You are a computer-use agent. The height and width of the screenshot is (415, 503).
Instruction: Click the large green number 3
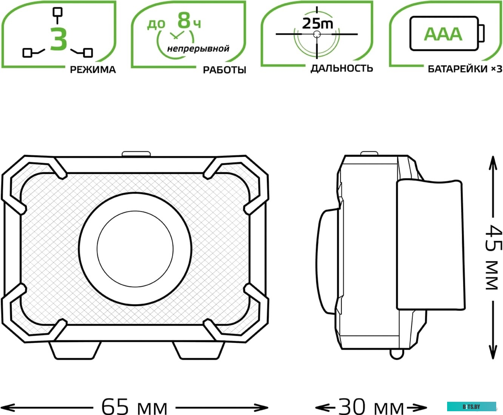point(59,39)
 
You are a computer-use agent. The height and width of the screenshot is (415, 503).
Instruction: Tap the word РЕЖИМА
point(93,69)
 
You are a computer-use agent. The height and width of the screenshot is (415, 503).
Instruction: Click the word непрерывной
point(198,49)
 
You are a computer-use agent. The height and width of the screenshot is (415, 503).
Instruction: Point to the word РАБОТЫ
point(224,70)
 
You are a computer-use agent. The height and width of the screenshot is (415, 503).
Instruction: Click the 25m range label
point(317,23)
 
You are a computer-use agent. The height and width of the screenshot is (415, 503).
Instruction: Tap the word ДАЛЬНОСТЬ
point(341,68)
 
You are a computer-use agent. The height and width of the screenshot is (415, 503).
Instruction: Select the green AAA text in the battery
point(443,34)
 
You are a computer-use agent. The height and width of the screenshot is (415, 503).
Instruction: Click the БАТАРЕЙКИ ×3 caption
point(464,69)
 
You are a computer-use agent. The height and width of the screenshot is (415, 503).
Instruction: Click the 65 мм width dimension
point(134,407)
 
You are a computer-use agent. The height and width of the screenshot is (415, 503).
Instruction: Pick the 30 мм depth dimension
point(371,407)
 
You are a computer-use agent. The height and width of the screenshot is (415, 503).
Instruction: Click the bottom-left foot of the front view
point(76,350)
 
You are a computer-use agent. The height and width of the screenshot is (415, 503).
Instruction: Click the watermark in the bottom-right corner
point(471,406)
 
